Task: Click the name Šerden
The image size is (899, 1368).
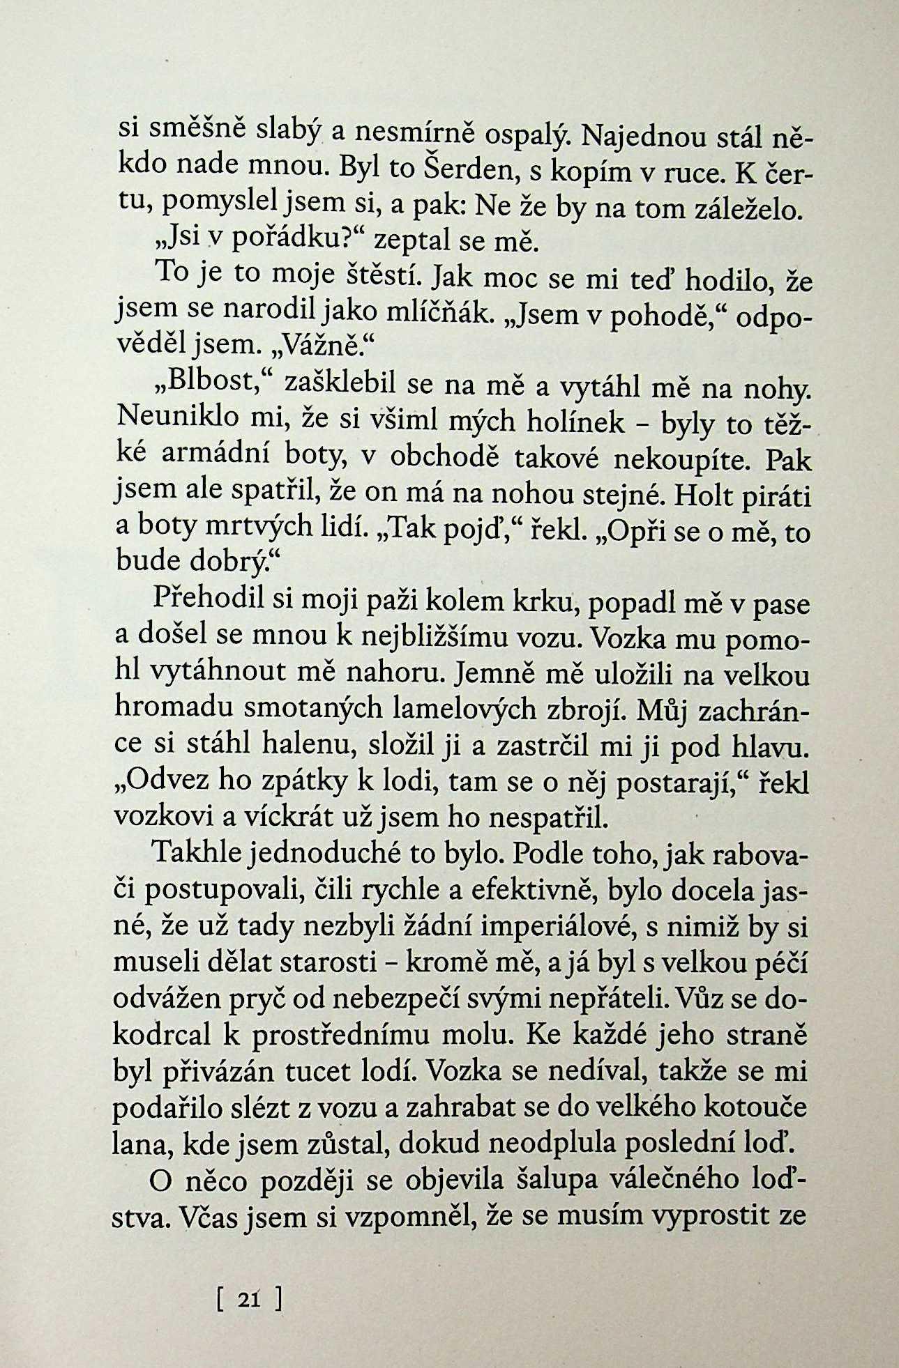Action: [460, 169]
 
